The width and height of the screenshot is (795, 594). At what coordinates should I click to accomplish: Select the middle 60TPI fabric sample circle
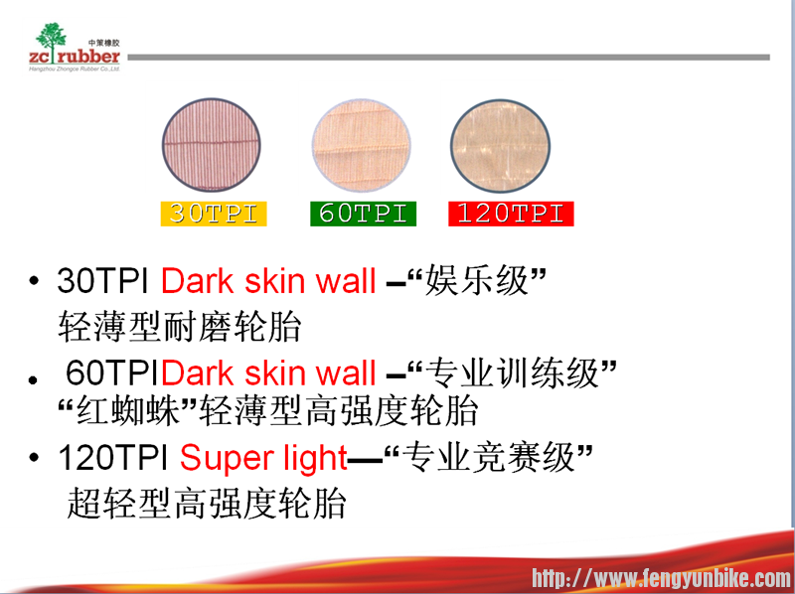[x=361, y=144]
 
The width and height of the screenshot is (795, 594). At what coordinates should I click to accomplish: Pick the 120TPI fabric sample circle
[x=500, y=144]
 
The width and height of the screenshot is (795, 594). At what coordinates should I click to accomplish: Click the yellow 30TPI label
[x=213, y=213]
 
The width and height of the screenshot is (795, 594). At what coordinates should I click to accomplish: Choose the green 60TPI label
[x=362, y=213]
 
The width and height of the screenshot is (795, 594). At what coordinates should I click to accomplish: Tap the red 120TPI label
[x=510, y=213]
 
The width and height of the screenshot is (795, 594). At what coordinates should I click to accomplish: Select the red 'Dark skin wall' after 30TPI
[x=268, y=281]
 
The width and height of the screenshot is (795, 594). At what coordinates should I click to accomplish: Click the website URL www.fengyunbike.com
[x=661, y=578]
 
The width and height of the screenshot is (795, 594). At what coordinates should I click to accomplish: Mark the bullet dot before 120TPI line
[x=36, y=460]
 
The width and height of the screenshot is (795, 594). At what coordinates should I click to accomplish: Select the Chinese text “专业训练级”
[x=515, y=373]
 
